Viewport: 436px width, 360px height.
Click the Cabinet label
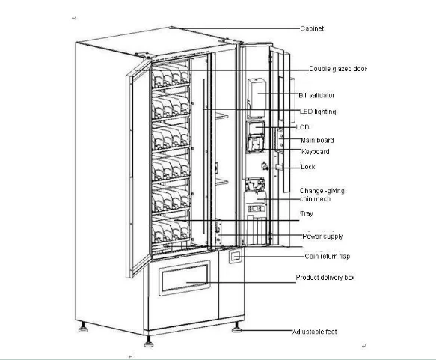pyautogui.click(x=312, y=28)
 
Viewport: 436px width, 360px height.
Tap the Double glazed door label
pyautogui.click(x=338, y=69)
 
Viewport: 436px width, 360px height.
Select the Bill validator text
pyautogui.click(x=316, y=95)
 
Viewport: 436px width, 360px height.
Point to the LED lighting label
pyautogui.click(x=318, y=112)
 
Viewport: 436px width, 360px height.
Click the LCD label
pyautogui.click(x=303, y=127)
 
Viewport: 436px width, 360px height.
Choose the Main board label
pyautogui.click(x=317, y=140)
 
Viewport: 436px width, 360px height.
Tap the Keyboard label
pyautogui.click(x=316, y=152)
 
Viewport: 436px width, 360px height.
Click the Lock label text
pyautogui.click(x=308, y=167)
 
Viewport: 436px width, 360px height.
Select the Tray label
pyautogui.click(x=307, y=213)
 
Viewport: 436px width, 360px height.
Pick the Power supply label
pyautogui.click(x=322, y=237)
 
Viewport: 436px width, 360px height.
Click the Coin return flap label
pyautogui.click(x=328, y=256)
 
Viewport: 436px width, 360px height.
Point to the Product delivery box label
pyautogui.click(x=325, y=278)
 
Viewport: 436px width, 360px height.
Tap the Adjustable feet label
pyautogui.click(x=315, y=332)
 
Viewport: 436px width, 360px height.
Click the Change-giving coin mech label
pyautogui.click(x=322, y=195)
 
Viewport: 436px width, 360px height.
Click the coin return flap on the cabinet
pyautogui.click(x=236, y=256)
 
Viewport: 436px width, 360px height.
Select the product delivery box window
pyautogui.click(x=185, y=278)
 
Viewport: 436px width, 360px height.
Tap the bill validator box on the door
pyautogui.click(x=257, y=98)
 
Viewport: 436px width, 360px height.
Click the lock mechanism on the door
pyautogui.click(x=265, y=166)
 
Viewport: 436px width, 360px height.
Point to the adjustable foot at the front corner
pyautogui.click(x=149, y=341)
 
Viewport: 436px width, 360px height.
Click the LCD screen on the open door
pyautogui.click(x=256, y=128)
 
